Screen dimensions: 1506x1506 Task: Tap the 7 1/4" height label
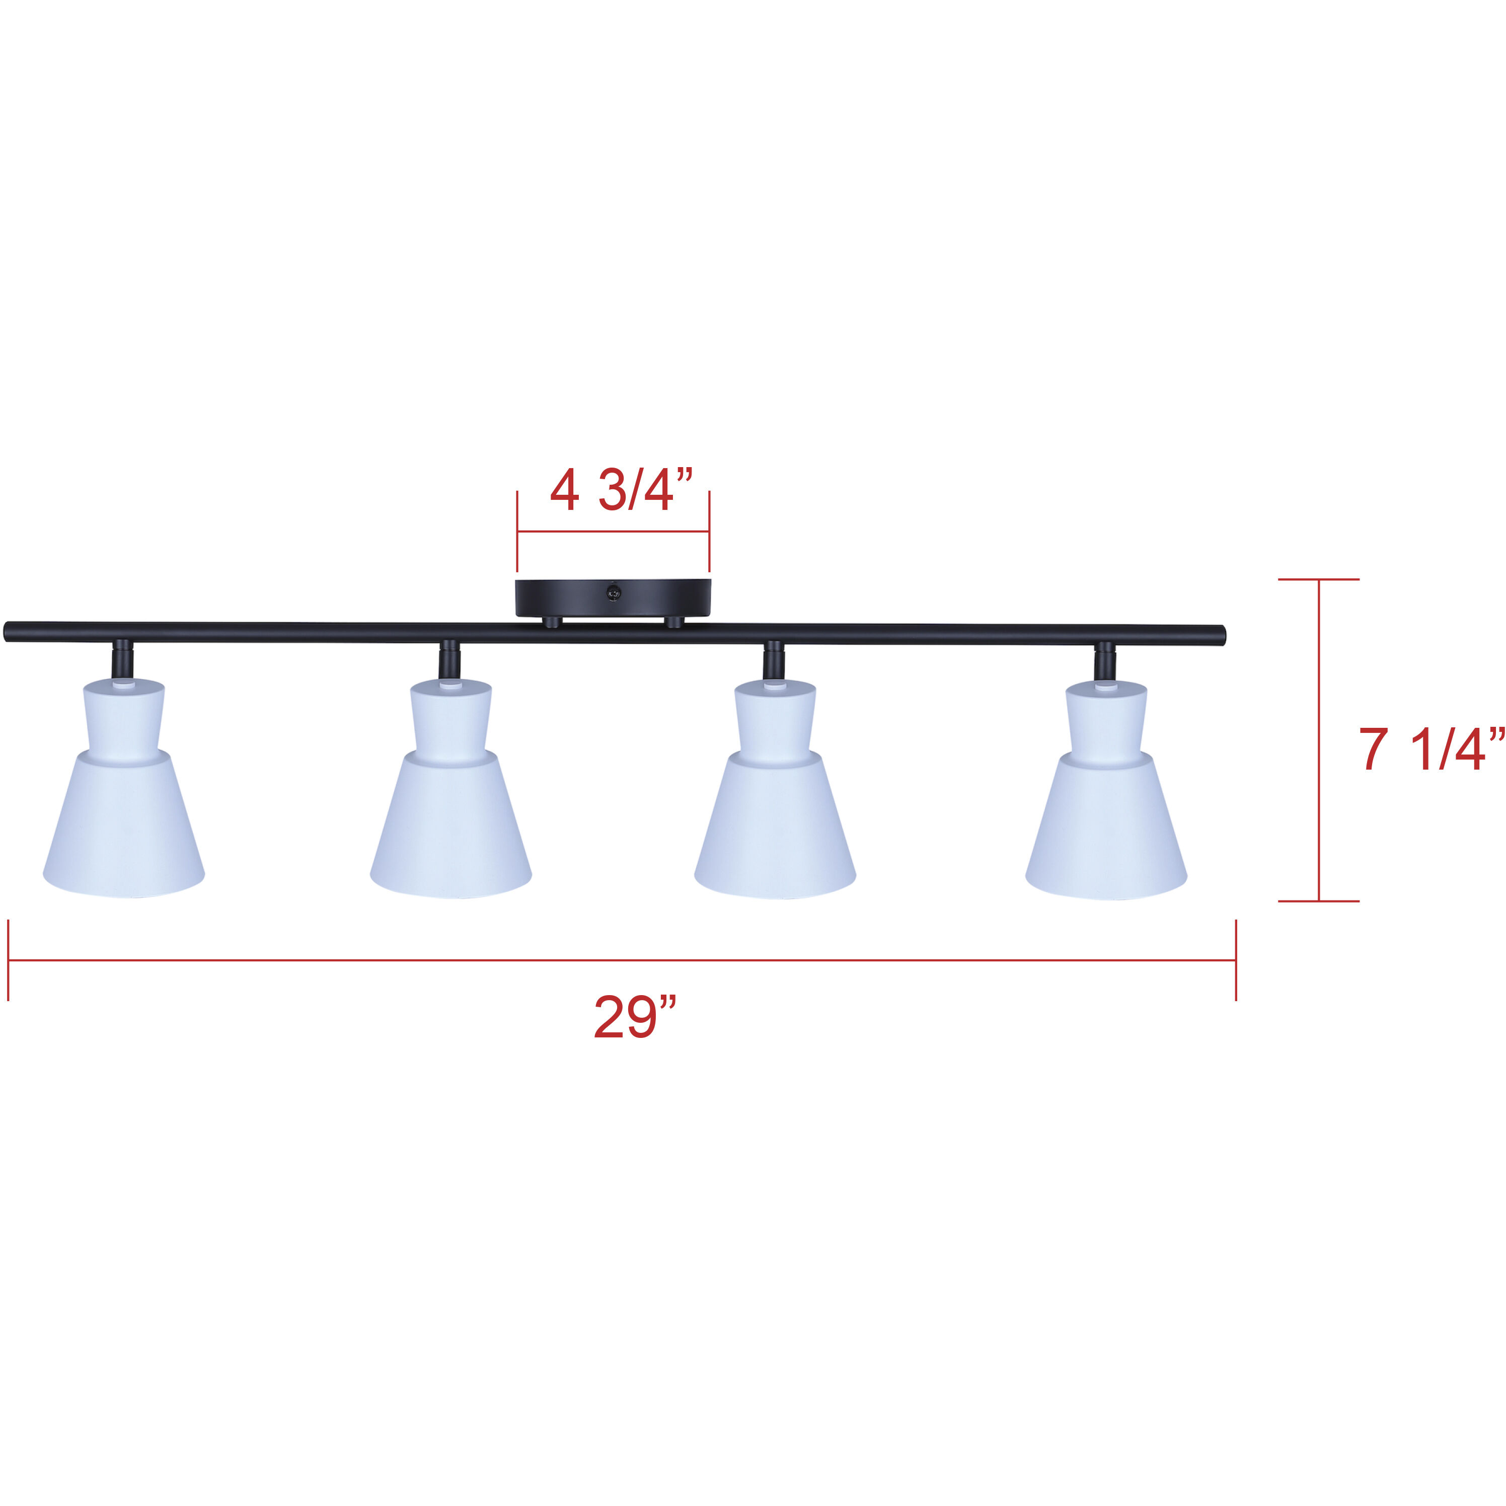[1431, 750]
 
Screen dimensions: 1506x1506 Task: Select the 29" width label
[635, 1016]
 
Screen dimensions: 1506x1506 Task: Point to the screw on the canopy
[614, 593]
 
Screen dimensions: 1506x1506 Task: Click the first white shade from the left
[124, 811]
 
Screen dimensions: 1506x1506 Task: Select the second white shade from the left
[450, 811]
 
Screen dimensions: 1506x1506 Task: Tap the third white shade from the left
[775, 811]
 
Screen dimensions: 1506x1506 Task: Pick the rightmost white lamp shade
[1106, 811]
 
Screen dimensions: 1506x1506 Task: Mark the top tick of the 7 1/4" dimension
[1319, 580]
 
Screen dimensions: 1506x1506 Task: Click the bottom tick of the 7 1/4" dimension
[1319, 901]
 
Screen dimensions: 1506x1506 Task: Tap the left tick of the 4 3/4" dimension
[517, 532]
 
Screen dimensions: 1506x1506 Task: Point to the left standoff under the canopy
[552, 622]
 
